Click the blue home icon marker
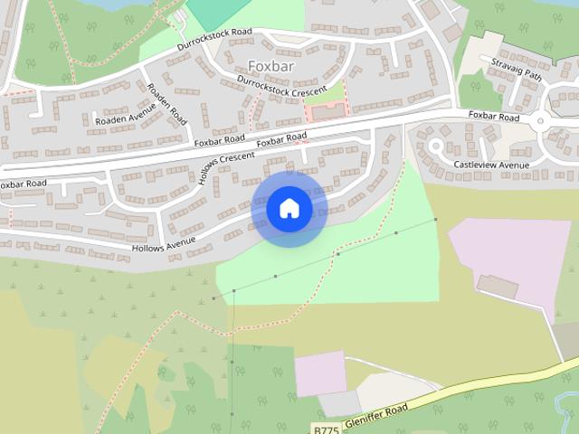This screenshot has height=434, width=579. (289, 209)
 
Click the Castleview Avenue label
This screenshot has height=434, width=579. (491, 165)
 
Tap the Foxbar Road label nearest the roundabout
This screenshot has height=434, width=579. (494, 117)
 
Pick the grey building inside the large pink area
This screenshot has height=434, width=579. (498, 288)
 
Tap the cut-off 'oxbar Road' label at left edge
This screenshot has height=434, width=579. (23, 184)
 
